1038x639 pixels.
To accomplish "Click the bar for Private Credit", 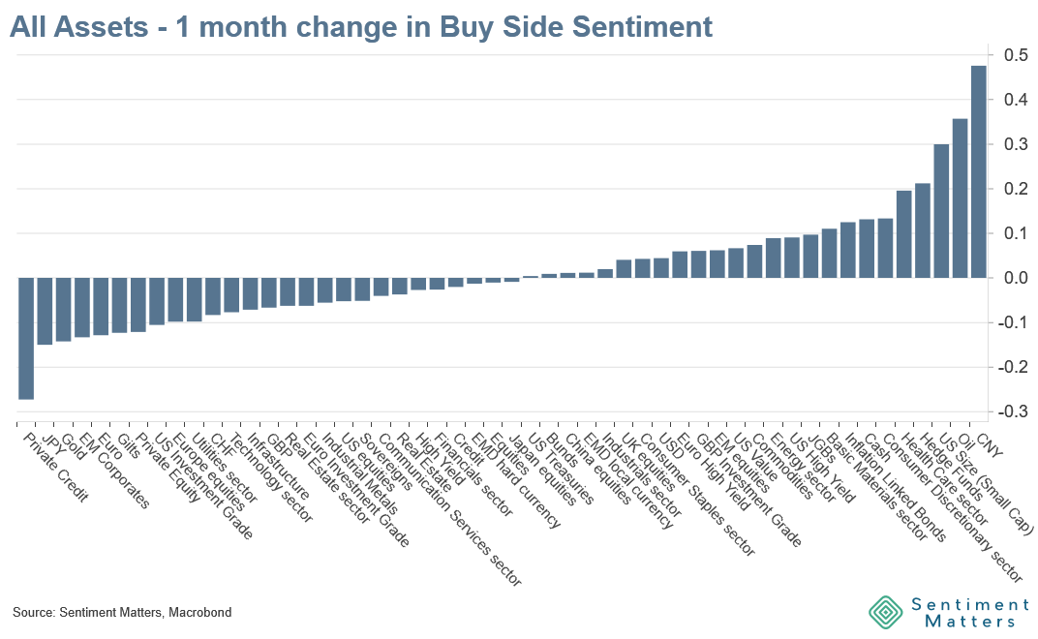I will [x=26, y=338].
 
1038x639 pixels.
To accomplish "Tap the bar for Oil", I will [x=960, y=198].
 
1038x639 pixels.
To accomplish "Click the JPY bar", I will [x=45, y=311].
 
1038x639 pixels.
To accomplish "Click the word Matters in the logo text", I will [x=963, y=622].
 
